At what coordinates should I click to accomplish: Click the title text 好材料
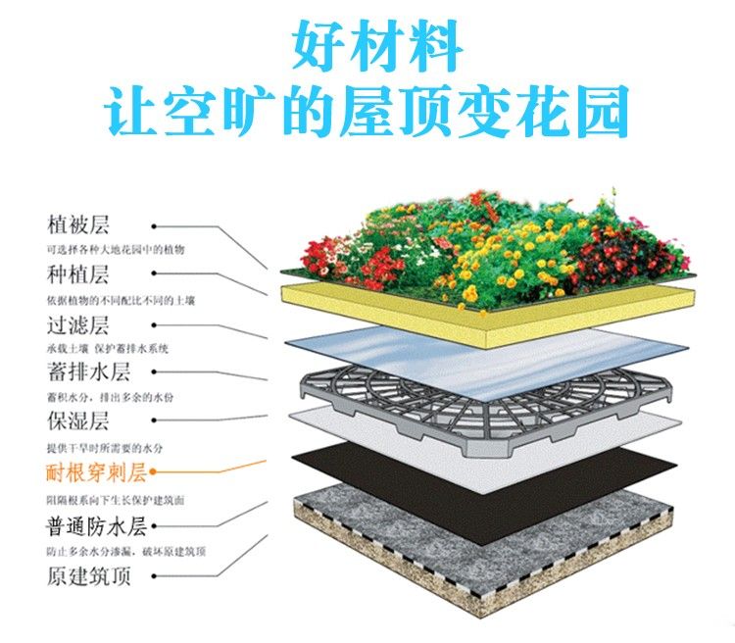[x=377, y=45]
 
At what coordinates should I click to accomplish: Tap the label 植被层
[x=77, y=224]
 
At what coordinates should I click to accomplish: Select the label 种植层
[x=77, y=274]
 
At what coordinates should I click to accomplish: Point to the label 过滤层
[x=77, y=325]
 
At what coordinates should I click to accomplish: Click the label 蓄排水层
[x=88, y=371]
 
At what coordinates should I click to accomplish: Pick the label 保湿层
[x=77, y=420]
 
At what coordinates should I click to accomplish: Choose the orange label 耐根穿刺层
[x=97, y=471]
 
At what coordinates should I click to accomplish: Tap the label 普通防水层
[x=97, y=525]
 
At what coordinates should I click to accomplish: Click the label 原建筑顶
[x=88, y=576]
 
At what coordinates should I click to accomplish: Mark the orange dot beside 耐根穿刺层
[x=153, y=471]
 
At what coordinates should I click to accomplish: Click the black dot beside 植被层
[x=154, y=226]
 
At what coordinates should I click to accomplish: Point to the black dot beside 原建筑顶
[x=154, y=576]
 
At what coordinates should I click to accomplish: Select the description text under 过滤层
[x=108, y=349]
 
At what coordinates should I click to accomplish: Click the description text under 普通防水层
[x=126, y=551]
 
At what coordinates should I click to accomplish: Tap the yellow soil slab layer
[x=487, y=316]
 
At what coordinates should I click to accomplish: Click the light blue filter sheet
[x=487, y=364]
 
